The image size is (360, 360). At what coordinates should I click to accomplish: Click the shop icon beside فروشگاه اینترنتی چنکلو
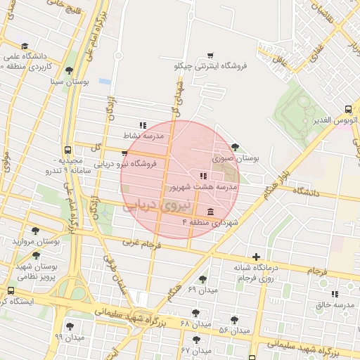[210, 56]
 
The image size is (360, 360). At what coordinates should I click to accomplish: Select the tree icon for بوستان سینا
[69, 70]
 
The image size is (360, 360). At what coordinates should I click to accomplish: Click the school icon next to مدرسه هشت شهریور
[202, 176]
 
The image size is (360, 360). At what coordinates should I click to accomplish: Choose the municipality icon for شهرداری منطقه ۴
[210, 212]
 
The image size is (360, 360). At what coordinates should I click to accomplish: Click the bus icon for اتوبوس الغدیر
[349, 110]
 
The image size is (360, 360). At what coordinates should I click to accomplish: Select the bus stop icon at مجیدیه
[67, 150]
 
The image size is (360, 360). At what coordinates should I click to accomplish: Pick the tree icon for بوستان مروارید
[35, 231]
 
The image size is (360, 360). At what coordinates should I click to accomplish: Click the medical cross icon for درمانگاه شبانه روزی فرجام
[256, 257]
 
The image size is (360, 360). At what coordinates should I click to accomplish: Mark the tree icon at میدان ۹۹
[69, 326]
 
